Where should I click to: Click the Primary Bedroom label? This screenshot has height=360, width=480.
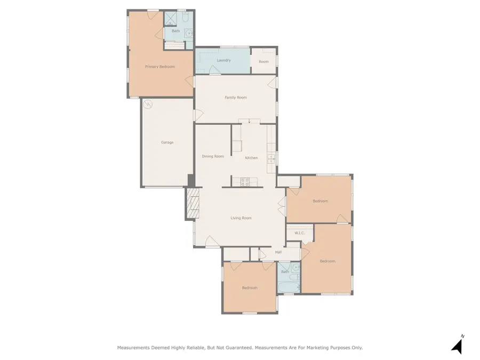[x=160, y=67]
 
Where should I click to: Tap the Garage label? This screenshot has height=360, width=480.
[x=167, y=142]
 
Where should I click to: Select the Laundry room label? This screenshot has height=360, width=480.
[x=223, y=60]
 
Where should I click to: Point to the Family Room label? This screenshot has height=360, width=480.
[x=235, y=98]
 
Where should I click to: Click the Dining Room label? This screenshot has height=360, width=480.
[x=213, y=156]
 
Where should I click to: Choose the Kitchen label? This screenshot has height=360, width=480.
[x=251, y=158]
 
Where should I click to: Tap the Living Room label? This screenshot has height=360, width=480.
[x=241, y=218]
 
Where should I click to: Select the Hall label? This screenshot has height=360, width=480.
[x=278, y=252]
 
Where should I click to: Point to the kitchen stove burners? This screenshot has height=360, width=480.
[x=245, y=182]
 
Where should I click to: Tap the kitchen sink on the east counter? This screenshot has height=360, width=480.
[x=271, y=158]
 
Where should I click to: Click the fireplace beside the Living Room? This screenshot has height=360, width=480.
[x=193, y=203]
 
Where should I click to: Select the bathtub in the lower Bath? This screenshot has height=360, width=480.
[x=289, y=287]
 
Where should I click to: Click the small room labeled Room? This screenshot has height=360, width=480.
[x=264, y=61]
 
